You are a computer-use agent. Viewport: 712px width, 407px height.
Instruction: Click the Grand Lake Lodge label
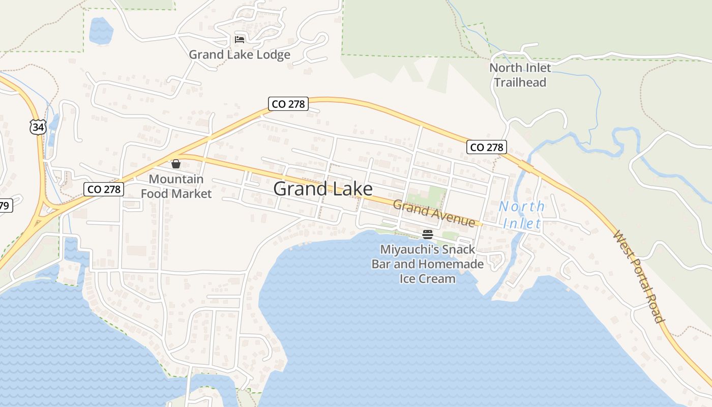pos(240,54)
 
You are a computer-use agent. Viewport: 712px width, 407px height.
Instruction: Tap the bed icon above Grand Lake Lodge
pos(240,39)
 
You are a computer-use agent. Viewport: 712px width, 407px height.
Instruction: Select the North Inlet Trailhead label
pos(520,75)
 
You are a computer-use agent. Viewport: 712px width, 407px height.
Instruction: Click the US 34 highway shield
pos(38,127)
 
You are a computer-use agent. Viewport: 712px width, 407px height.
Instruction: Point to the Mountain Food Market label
pos(176,186)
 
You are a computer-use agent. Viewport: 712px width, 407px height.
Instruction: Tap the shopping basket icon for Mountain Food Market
pos(176,164)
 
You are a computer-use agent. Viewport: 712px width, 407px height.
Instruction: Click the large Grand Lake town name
pos(322,189)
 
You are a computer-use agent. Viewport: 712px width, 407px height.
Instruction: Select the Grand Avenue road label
pos(434,214)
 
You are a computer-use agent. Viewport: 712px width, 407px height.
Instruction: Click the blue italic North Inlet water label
pos(521,215)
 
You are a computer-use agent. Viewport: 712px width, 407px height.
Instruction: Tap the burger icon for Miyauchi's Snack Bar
pos(427,235)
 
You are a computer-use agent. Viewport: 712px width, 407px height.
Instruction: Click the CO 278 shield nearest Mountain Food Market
pos(104,189)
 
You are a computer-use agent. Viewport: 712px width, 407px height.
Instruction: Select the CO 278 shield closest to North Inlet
pos(487,147)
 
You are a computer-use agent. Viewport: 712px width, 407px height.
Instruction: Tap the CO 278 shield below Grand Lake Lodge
pos(288,104)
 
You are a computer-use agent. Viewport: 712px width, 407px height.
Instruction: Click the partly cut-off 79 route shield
pos(5,206)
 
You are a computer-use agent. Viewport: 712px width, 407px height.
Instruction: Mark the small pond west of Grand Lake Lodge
pos(101,31)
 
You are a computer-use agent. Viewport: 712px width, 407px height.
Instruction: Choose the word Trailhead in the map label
pos(520,82)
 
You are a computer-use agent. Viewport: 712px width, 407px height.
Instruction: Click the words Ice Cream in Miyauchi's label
pos(427,278)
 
